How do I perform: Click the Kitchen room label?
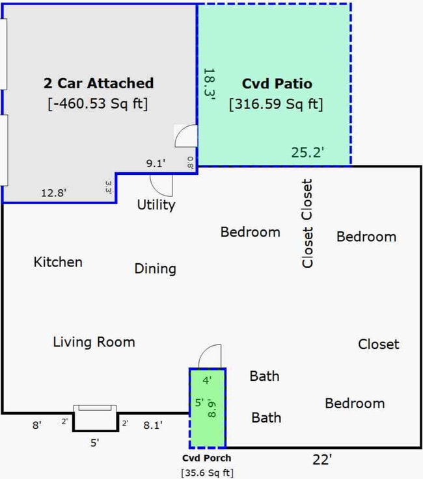58,262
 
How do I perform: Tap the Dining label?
156,269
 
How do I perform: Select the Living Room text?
94,342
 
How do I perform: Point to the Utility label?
156,205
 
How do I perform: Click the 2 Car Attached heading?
98,83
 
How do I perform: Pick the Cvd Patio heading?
277,84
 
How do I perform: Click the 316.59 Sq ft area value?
276,104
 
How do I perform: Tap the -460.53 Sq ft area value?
98,103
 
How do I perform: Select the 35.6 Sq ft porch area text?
208,473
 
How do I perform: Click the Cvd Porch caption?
207,458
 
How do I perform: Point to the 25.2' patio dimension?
308,152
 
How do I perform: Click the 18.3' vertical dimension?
210,84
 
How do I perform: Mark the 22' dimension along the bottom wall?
322,459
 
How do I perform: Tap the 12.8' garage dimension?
54,193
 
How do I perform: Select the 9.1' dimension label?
156,163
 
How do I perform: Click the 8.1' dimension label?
153,425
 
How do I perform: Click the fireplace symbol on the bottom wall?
95,418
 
